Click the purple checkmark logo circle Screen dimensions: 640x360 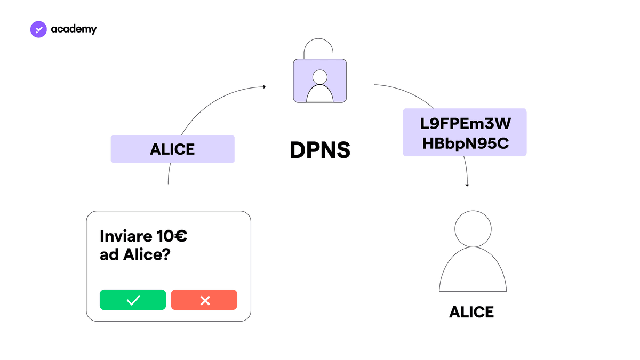point(38,29)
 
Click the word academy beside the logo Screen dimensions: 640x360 point(74,29)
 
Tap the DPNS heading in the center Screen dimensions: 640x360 point(320,150)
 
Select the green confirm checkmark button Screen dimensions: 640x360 point(133,300)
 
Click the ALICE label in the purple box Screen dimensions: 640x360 point(172,149)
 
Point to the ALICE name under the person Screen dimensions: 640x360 point(471,311)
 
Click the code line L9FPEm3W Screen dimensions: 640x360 point(466,123)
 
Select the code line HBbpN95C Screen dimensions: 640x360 point(466,143)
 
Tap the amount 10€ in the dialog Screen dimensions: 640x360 point(172,236)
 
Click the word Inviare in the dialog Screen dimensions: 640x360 point(126,236)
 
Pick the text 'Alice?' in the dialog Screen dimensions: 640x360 point(147,254)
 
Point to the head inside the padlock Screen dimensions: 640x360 point(319,77)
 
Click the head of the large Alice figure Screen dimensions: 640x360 point(473,229)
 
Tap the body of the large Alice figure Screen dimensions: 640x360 point(473,269)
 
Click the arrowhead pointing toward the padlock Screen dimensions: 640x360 point(265,86)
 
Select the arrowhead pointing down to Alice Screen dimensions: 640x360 point(467,185)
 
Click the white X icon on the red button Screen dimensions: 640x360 point(205,300)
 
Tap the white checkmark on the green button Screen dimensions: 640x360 point(133,300)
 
